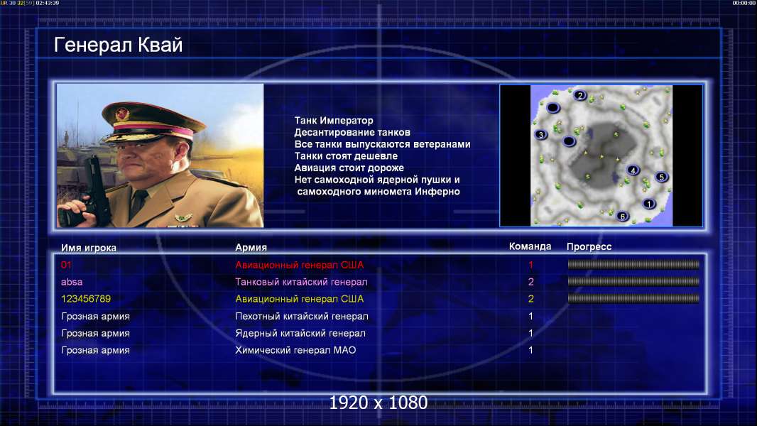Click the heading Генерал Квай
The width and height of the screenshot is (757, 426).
pos(119,45)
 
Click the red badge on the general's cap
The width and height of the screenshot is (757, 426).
pos(123,114)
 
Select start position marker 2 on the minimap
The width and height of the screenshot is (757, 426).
pos(580,95)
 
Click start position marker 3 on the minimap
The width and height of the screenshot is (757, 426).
pos(541,135)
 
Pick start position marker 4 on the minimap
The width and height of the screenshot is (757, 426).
pos(633,170)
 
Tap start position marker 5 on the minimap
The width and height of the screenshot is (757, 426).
pos(661,177)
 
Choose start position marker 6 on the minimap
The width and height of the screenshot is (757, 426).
pos(623,216)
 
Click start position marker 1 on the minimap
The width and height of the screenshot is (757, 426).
pos(649,204)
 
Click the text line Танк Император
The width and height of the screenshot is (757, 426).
pos(334,121)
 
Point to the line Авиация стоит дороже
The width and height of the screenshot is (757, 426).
pos(349,168)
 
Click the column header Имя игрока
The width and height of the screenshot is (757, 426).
pos(89,248)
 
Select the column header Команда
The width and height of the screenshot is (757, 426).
pos(530,246)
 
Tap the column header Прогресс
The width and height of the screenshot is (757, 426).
pos(589,247)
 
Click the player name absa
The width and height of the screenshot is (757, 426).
pos(72,282)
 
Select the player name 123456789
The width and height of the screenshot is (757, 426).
pos(86,299)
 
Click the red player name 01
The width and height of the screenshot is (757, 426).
pos(66,265)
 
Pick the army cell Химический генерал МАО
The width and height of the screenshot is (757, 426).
pos(295,350)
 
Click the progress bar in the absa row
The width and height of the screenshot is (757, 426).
pos(633,281)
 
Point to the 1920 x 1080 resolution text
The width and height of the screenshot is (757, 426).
pos(378,403)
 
